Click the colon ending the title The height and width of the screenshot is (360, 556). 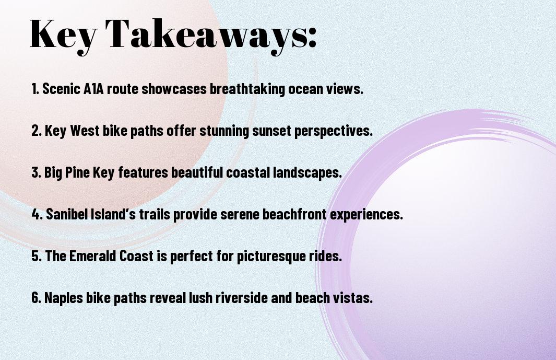[x=312, y=38]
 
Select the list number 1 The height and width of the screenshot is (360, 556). [x=35, y=89]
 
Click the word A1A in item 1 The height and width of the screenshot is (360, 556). [x=93, y=89]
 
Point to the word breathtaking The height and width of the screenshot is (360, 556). [x=247, y=89]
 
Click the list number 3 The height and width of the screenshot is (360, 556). [x=36, y=172]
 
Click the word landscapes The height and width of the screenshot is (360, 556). [x=307, y=173]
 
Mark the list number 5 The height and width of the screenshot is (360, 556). [x=36, y=256]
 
